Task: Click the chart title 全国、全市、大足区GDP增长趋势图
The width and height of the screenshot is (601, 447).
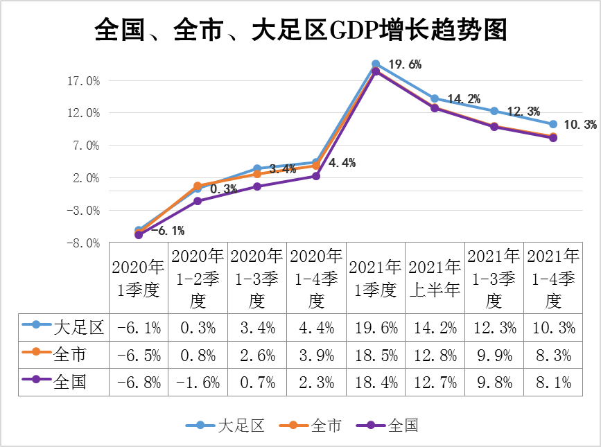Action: point(300,31)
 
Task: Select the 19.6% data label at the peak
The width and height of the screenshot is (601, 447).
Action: point(405,64)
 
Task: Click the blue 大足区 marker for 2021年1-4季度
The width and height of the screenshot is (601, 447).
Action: point(553,125)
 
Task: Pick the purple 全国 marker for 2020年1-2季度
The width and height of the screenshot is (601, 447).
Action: point(198,201)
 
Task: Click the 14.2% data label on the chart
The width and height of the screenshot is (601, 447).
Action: point(464,99)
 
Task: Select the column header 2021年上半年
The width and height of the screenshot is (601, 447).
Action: point(435,278)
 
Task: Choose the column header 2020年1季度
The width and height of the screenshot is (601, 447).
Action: point(139,278)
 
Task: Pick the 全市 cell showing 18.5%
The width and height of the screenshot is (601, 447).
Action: point(375,355)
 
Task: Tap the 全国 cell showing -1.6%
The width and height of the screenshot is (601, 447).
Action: point(198,381)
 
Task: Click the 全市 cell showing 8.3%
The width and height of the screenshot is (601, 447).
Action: point(553,355)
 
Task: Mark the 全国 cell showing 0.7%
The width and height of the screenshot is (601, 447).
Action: point(256,381)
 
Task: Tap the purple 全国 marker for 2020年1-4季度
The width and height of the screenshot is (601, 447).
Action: point(316,176)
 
